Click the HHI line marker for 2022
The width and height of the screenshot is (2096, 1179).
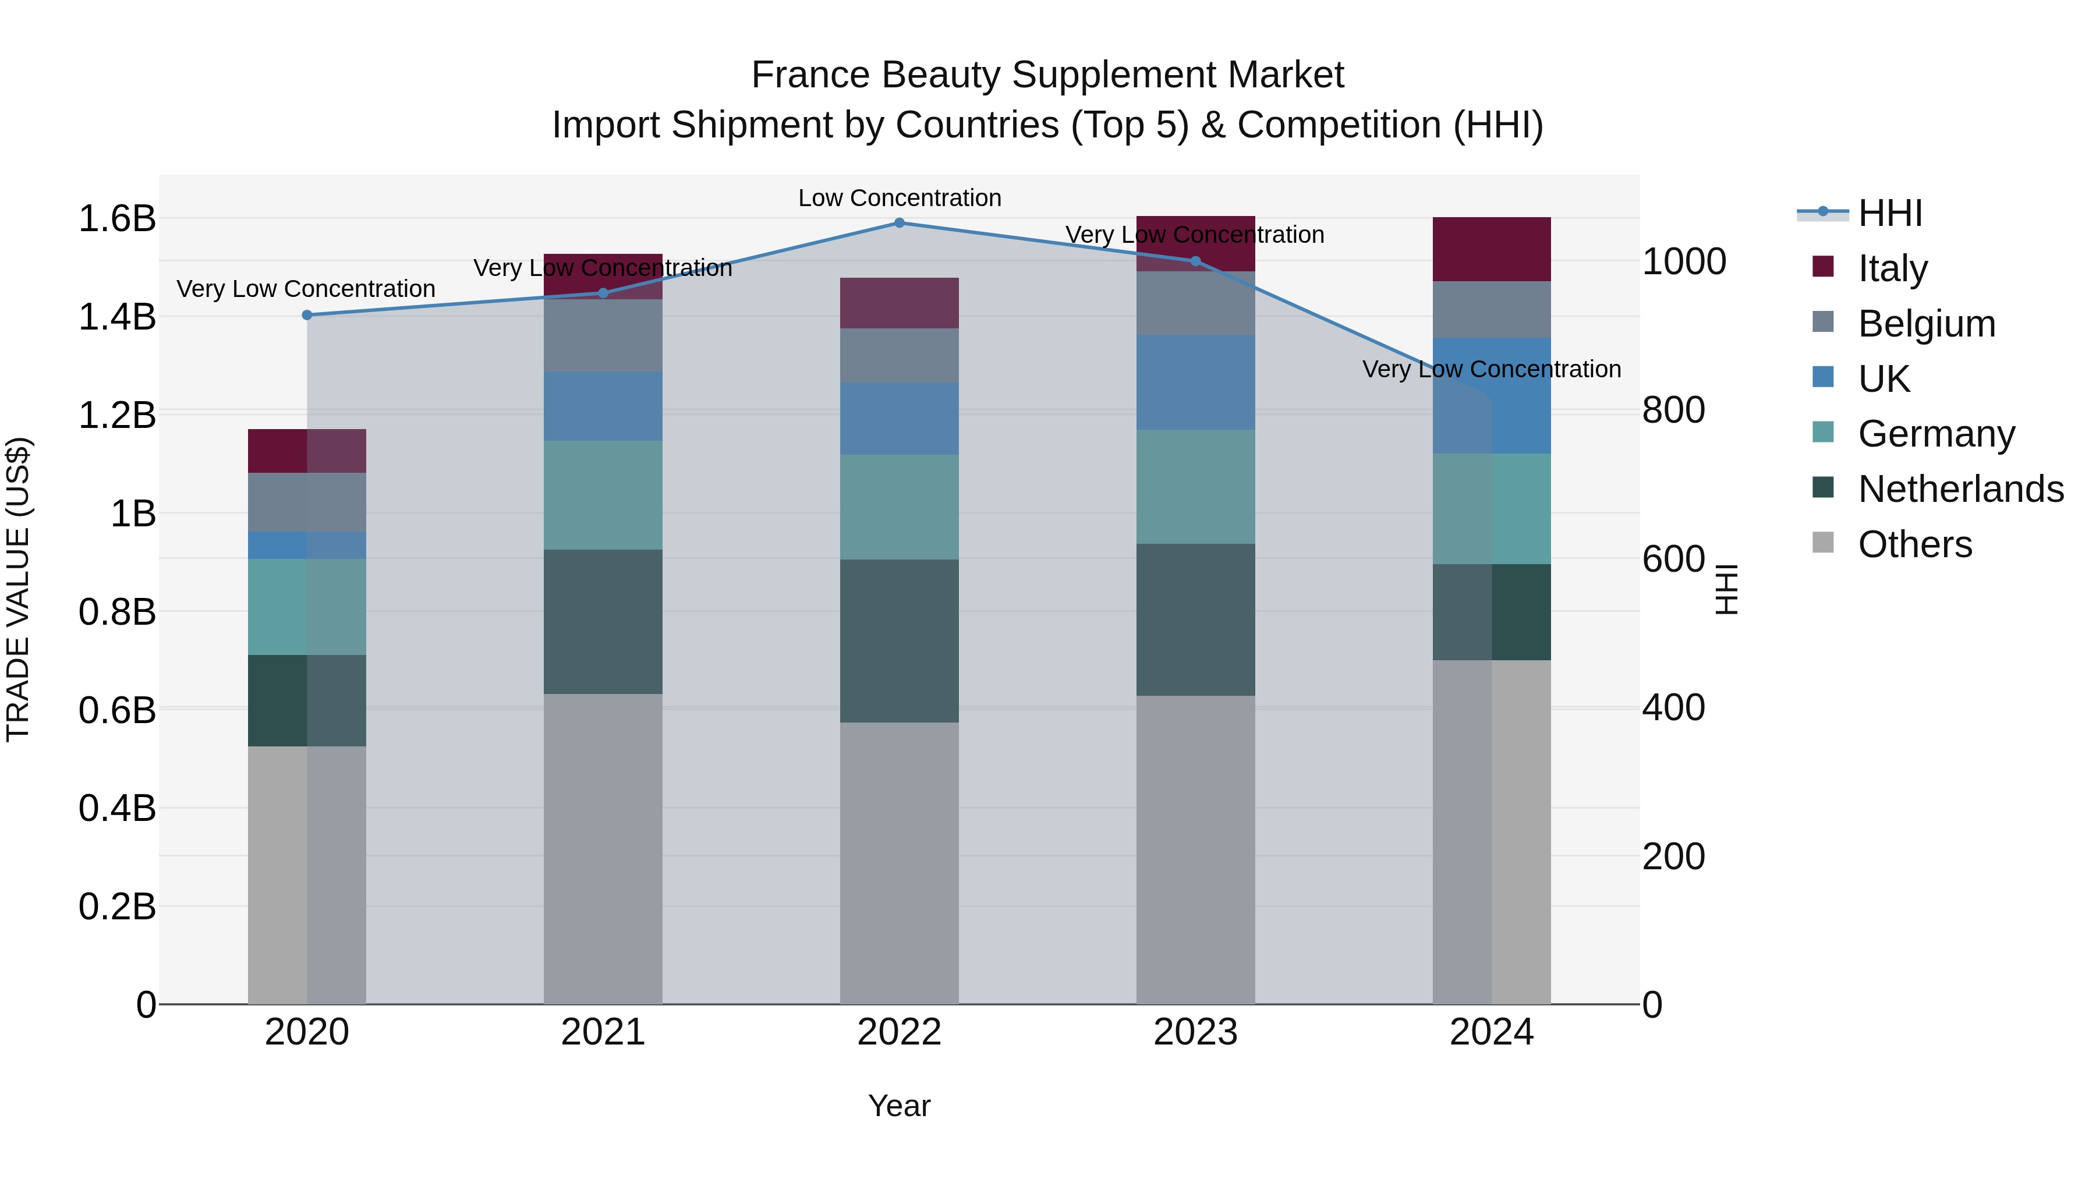[899, 223]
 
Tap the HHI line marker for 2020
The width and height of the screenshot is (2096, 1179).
[307, 315]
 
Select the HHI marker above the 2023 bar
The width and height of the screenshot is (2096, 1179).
[1195, 261]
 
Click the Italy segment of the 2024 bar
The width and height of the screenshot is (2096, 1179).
[1492, 249]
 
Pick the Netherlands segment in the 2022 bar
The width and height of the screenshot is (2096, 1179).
[899, 640]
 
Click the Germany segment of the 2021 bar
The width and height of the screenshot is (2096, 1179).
[603, 495]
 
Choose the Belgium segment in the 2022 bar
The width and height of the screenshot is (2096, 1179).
[899, 356]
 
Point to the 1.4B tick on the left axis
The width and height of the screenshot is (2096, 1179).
[117, 317]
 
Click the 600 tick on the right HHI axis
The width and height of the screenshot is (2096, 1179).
[1673, 559]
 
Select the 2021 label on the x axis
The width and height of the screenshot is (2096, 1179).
[603, 1032]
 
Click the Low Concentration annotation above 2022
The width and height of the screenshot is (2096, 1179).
[899, 198]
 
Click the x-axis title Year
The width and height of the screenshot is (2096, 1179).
[899, 1106]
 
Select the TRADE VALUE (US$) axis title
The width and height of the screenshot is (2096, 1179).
[19, 589]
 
